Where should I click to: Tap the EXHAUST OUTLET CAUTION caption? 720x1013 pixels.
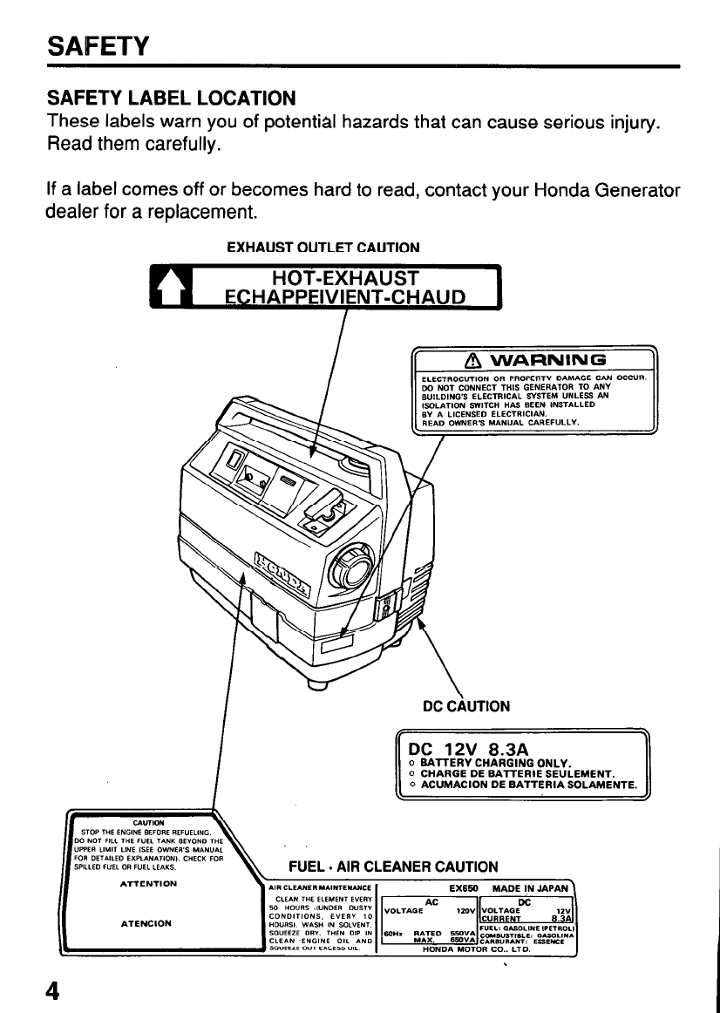tap(323, 248)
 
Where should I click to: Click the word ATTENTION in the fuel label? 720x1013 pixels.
tap(146, 883)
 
